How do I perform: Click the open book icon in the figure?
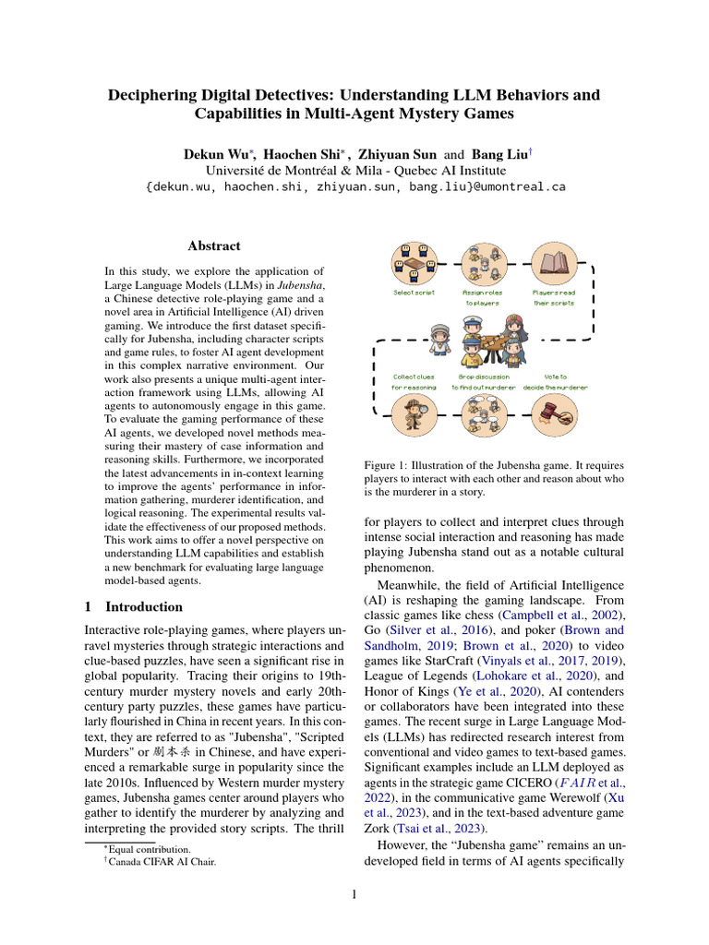[x=554, y=264]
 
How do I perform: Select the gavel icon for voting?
[x=554, y=414]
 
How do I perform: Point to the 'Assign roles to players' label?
[x=481, y=297]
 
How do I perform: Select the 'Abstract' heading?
[x=213, y=245]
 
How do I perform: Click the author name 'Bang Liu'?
[x=499, y=152]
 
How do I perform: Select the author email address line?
[x=355, y=186]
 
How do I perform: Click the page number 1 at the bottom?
[x=354, y=893]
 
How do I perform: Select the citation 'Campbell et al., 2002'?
[x=557, y=615]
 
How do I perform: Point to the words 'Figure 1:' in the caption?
[x=384, y=466]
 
